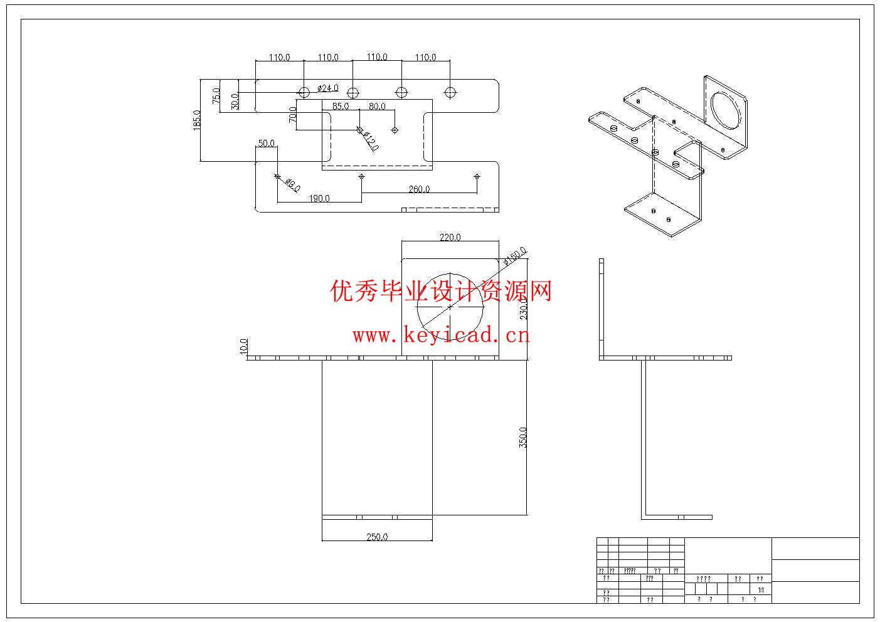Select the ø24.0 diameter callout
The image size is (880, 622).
pyautogui.click(x=328, y=88)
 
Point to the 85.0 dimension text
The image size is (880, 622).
pyautogui.click(x=341, y=107)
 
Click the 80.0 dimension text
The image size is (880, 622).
pyautogui.click(x=377, y=107)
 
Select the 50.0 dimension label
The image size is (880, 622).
pyautogui.click(x=266, y=143)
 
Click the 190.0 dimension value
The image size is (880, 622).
pyautogui.click(x=319, y=198)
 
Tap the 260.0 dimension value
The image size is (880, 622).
pyautogui.click(x=419, y=189)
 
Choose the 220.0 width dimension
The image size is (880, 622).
pyautogui.click(x=450, y=237)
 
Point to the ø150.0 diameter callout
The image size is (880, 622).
pyautogui.click(x=516, y=257)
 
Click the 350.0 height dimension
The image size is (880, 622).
pyautogui.click(x=523, y=437)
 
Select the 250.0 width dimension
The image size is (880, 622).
pyautogui.click(x=377, y=537)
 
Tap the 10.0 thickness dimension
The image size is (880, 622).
pyautogui.click(x=244, y=347)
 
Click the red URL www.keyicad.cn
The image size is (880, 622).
pyautogui.click(x=441, y=335)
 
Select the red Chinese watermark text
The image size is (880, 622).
pyautogui.click(x=441, y=291)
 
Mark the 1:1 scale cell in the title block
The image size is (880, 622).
pyautogui.click(x=761, y=590)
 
